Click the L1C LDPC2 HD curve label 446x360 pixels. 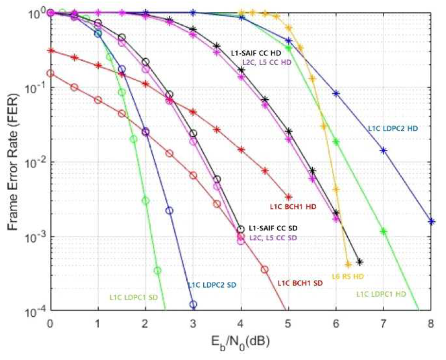(x=393, y=129)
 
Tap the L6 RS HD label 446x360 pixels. (x=348, y=276)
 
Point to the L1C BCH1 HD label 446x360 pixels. (x=293, y=206)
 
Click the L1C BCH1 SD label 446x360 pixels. (x=300, y=283)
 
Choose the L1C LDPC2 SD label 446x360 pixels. (x=212, y=286)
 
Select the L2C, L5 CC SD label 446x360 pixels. (x=272, y=238)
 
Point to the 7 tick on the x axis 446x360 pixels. (x=383, y=324)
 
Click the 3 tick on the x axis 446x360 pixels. (x=193, y=324)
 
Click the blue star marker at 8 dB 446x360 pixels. (x=431, y=221)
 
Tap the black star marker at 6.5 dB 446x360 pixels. (x=360, y=262)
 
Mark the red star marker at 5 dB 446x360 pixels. (x=288, y=197)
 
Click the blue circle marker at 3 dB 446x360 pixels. (x=193, y=305)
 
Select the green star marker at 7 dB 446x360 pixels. (x=384, y=232)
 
